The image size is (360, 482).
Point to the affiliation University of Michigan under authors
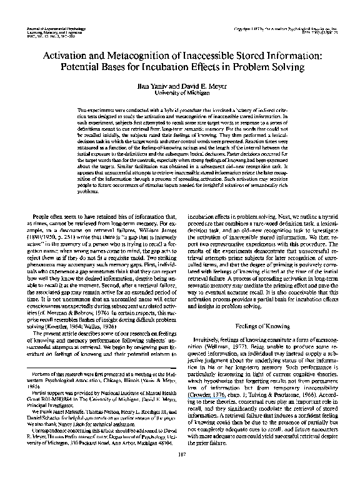coord(180,93)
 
